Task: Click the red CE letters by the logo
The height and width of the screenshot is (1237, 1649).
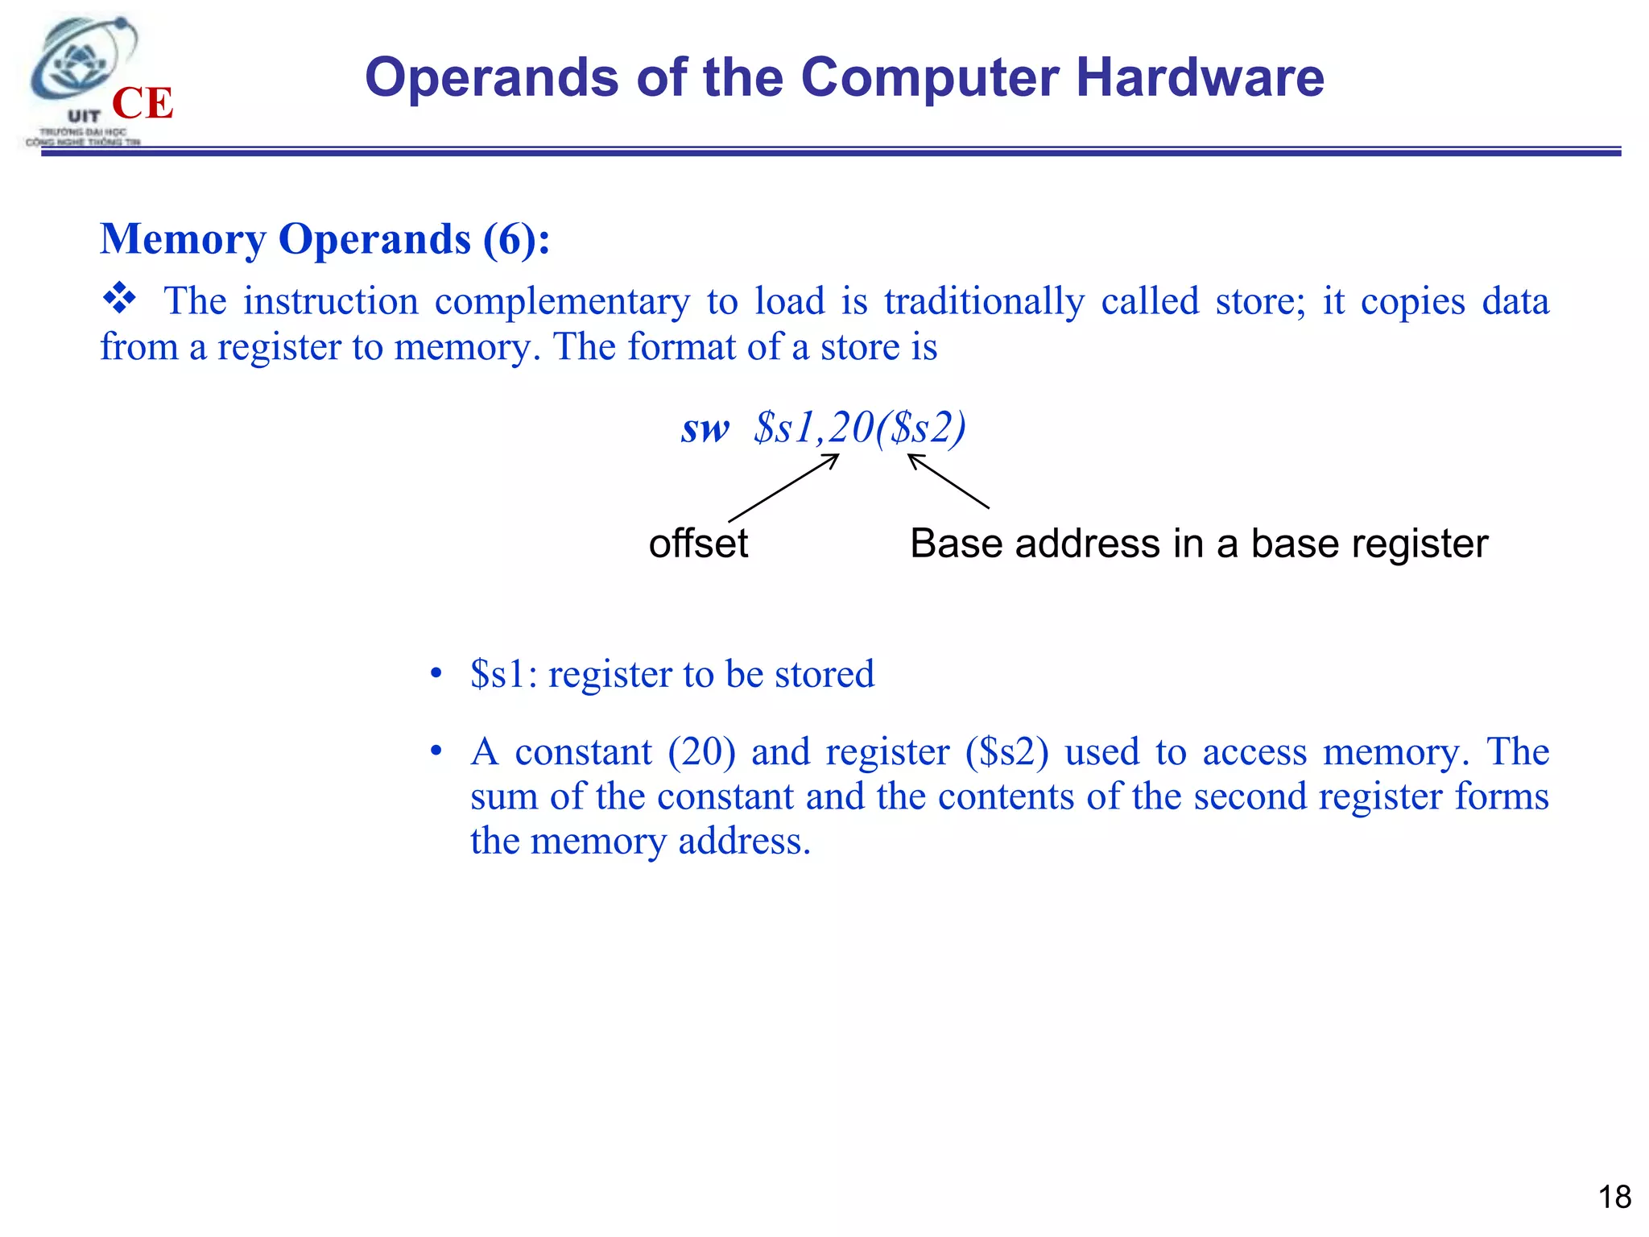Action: click(x=143, y=104)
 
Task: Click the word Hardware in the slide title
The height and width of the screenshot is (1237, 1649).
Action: click(x=1199, y=77)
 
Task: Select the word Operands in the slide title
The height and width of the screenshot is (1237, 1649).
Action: click(x=492, y=77)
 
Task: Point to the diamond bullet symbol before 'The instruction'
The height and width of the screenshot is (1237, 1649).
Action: click(x=119, y=299)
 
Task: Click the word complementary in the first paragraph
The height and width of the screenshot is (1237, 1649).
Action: click(x=562, y=302)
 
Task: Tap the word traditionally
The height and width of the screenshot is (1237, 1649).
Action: click(x=984, y=302)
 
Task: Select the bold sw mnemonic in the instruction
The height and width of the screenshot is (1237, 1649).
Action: click(x=705, y=428)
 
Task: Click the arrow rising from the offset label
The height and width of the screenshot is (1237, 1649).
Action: click(x=783, y=488)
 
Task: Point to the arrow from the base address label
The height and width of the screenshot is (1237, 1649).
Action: click(x=948, y=482)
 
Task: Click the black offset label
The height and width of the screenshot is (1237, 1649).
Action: click(x=698, y=544)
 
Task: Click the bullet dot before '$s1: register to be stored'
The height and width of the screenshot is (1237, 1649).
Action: click(x=436, y=672)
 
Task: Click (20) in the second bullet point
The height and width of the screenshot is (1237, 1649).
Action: click(x=701, y=752)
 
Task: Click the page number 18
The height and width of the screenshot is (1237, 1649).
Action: click(x=1614, y=1198)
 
